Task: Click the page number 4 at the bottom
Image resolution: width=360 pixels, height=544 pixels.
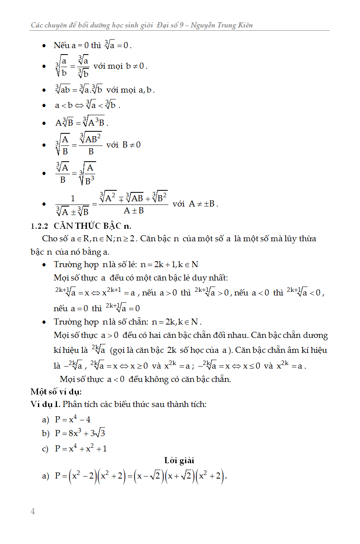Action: click(33, 511)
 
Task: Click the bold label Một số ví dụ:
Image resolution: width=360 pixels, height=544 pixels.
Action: click(56, 392)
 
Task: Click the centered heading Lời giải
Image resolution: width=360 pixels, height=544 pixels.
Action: click(179, 460)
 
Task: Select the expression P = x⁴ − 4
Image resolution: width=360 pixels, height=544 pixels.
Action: click(73, 419)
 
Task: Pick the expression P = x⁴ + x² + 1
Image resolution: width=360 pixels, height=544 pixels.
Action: click(81, 448)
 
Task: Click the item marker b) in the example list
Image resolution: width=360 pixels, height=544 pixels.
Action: click(45, 434)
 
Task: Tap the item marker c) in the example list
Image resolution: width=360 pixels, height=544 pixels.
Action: click(45, 449)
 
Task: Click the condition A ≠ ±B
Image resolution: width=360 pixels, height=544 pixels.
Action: click(203, 204)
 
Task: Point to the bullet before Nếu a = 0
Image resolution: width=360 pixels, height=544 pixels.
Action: click(44, 46)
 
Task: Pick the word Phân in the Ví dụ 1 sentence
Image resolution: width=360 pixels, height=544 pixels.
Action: click(72, 404)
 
